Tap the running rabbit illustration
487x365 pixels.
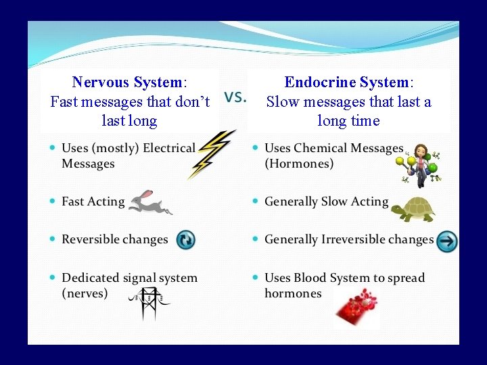point(150,201)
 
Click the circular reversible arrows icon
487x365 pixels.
point(186,240)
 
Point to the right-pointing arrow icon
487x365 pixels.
point(446,241)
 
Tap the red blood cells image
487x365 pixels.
point(357,308)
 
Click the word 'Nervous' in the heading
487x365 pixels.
point(100,82)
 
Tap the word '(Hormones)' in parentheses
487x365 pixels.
point(300,164)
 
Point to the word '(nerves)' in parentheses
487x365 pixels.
point(85,293)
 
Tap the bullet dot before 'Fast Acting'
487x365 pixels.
point(52,201)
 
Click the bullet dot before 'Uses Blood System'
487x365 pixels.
point(255,278)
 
